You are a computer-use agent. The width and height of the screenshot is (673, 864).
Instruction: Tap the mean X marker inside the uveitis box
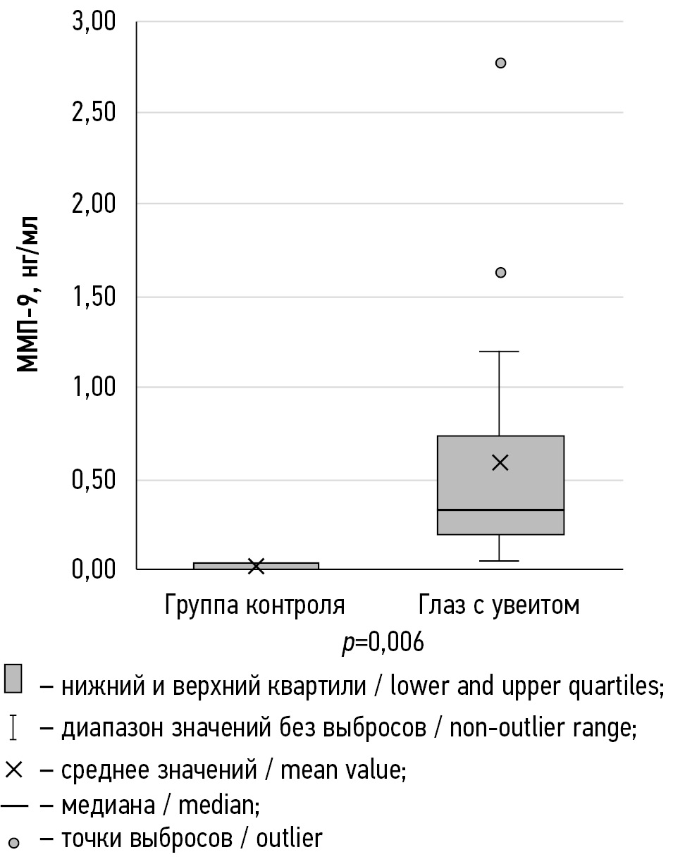500,462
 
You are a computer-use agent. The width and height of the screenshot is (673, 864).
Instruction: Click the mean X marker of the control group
256,566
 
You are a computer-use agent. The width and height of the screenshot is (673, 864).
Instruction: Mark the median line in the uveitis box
500,510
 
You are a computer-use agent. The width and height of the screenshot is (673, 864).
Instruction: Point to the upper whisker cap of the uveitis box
499,351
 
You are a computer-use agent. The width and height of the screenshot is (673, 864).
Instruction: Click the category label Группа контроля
255,605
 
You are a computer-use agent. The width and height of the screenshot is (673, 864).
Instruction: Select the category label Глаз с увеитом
499,605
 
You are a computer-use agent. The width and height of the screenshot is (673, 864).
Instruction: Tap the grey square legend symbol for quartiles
14,678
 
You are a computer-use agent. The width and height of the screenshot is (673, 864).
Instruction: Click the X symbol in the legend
14,770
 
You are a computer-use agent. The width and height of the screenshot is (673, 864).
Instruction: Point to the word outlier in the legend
289,839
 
